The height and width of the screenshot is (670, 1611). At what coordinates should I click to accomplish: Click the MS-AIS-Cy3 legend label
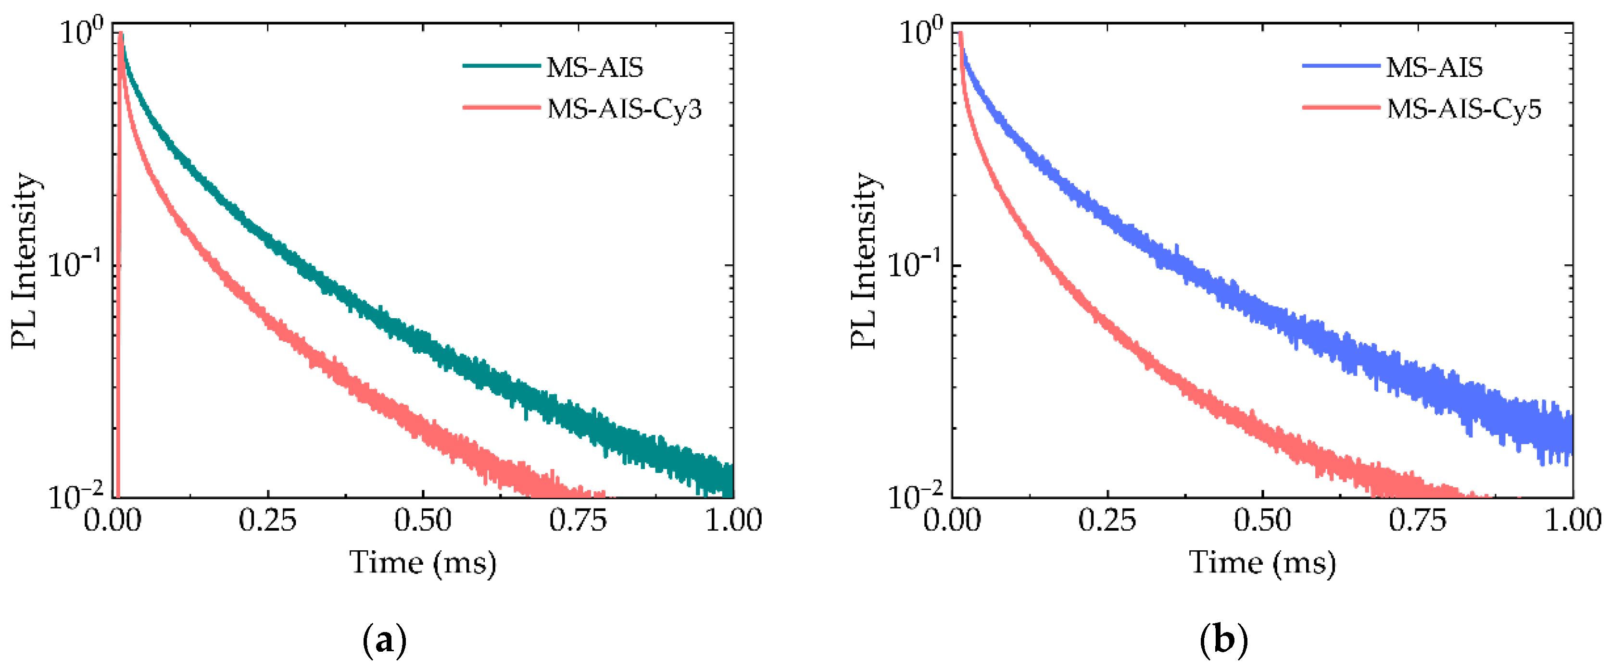click(624, 110)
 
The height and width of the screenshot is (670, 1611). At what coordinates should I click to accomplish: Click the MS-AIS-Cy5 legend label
click(1463, 110)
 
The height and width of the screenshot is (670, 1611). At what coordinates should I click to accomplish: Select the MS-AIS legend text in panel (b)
click(1434, 67)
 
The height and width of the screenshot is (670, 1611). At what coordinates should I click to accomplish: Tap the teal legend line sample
click(502, 66)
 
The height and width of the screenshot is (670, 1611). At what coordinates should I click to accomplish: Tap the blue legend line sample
click(1341, 66)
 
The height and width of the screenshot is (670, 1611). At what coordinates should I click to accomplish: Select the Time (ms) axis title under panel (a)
click(423, 563)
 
